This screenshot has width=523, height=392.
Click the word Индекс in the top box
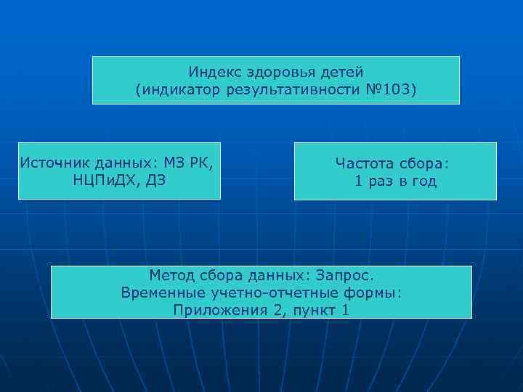pos(211,73)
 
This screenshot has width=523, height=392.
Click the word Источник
pos(50,161)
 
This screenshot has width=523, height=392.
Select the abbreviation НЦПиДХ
pos(105,179)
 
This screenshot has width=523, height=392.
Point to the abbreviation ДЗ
pos(156,179)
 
